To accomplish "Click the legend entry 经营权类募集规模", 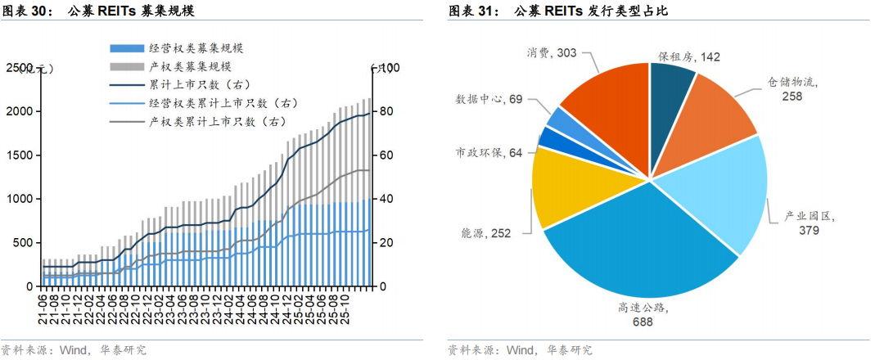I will (196, 48).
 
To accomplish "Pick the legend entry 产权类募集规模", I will (190, 66).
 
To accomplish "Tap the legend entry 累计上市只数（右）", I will (199, 84).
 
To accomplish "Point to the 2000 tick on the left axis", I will (19, 111).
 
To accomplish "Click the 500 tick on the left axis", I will (22, 243).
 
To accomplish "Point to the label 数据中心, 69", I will (489, 99).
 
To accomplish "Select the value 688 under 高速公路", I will (642, 322).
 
